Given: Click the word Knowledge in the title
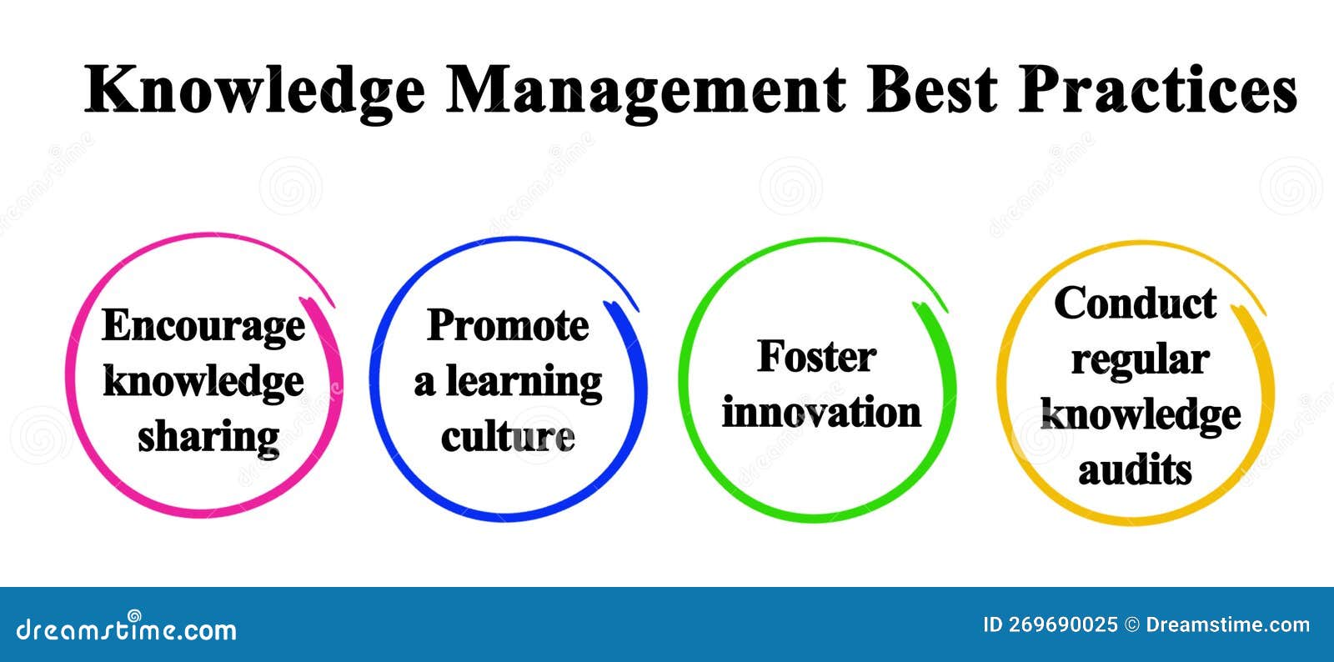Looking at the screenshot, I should click(254, 90).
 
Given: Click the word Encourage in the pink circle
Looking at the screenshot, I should click(203, 326).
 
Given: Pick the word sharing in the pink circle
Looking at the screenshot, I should click(208, 437).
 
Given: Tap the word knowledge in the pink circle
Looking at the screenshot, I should click(203, 381).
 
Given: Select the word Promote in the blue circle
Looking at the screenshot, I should click(508, 325).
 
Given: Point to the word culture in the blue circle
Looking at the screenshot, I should click(508, 437).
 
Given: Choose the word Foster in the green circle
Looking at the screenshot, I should click(816, 357).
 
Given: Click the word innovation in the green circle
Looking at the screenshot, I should click(821, 412).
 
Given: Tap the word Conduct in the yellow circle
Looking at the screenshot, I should click(1135, 303).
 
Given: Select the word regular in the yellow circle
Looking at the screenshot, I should click(1140, 360).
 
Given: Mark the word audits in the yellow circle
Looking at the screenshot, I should click(1135, 469).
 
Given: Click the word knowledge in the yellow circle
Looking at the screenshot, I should click(1141, 414).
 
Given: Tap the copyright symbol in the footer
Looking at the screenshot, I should click(1131, 625).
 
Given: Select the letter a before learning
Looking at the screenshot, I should click(424, 384).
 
